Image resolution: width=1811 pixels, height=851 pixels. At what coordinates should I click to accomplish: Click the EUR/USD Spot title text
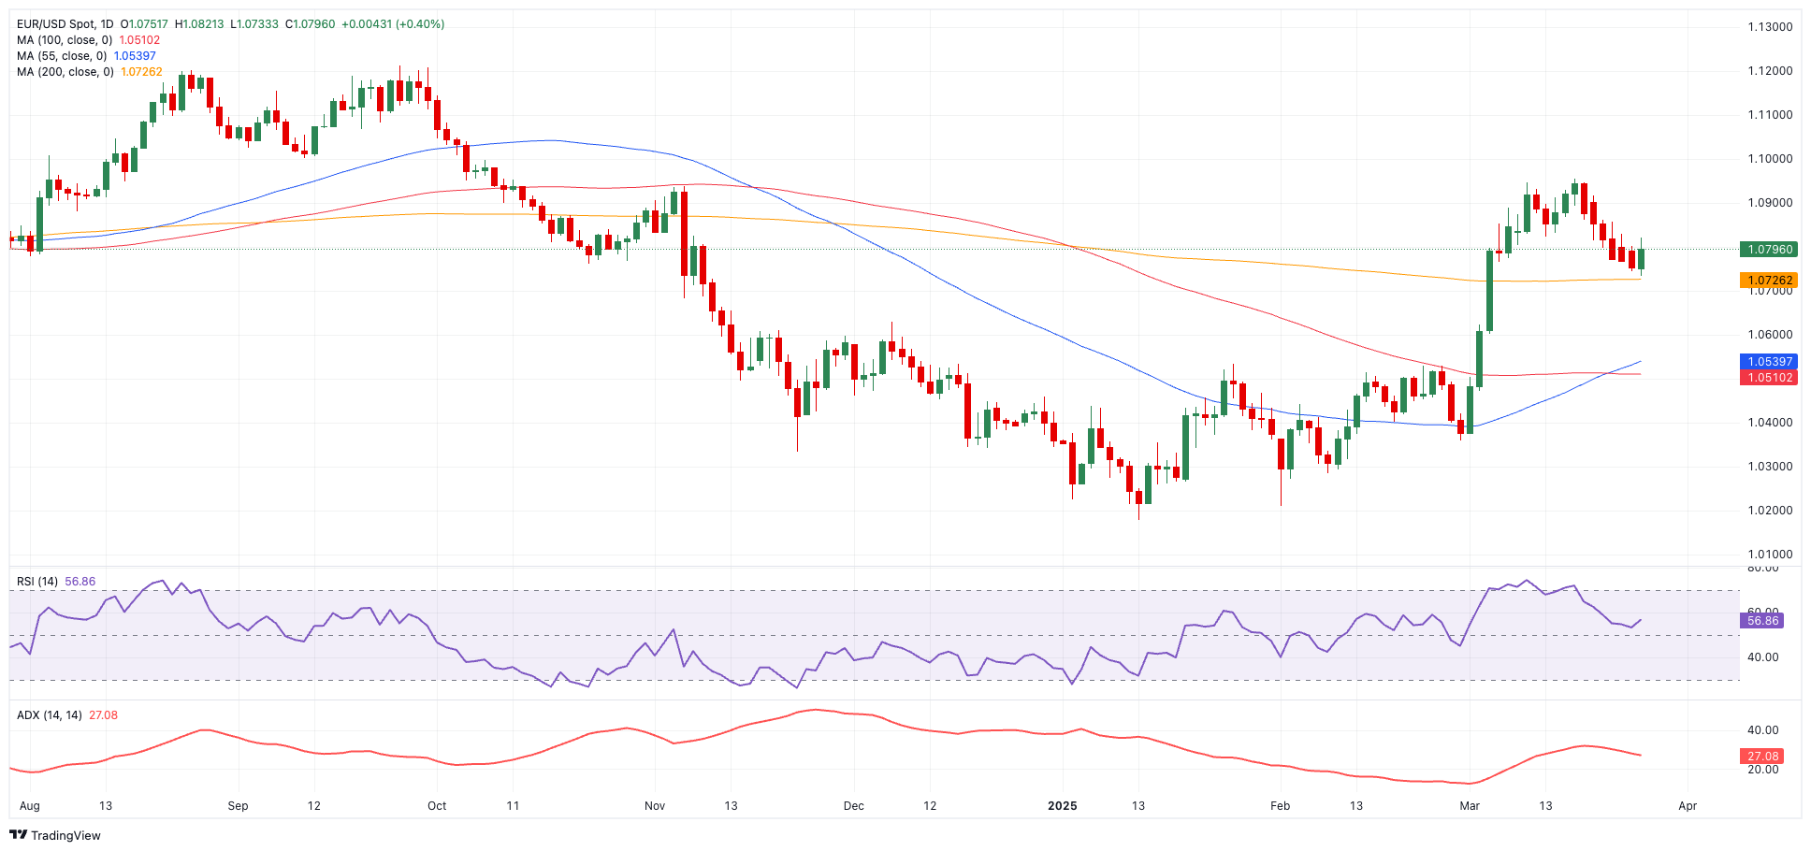pyautogui.click(x=65, y=24)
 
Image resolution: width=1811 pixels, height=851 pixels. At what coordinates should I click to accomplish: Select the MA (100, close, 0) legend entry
pyautogui.click(x=65, y=40)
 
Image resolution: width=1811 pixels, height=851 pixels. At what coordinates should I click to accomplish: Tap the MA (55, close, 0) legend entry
pyautogui.click(x=62, y=56)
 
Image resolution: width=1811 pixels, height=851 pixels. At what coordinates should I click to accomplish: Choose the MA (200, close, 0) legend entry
pyautogui.click(x=65, y=72)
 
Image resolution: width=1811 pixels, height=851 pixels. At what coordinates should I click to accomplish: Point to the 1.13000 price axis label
pyautogui.click(x=1770, y=27)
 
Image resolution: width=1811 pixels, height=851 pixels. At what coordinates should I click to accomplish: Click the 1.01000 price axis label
pyautogui.click(x=1770, y=555)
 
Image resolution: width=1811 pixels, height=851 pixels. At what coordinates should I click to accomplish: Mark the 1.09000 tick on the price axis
pyautogui.click(x=1770, y=203)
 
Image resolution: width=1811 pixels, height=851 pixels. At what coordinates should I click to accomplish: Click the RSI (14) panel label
pyautogui.click(x=37, y=582)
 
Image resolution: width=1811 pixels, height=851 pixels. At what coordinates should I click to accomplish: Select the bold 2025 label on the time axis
pyautogui.click(x=1063, y=806)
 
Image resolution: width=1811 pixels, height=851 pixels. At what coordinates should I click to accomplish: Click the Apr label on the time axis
pyautogui.click(x=1688, y=806)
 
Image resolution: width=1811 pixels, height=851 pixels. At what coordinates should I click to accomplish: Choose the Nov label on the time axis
pyautogui.click(x=655, y=806)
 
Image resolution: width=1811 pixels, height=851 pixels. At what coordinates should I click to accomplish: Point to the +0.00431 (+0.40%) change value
pyautogui.click(x=393, y=24)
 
